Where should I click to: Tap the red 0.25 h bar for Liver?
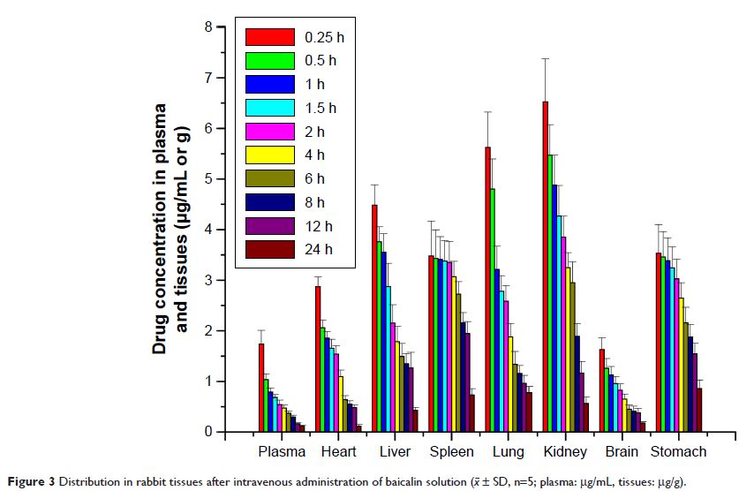[x=374, y=318]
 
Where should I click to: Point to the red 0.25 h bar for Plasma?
[x=261, y=388]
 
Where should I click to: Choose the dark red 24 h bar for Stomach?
[x=698, y=410]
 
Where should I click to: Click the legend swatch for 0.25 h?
[x=269, y=37]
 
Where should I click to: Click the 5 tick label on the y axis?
[x=207, y=178]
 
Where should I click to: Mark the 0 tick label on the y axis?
[x=207, y=433]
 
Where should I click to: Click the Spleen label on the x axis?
[x=451, y=452]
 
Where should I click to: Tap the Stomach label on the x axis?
[x=678, y=452]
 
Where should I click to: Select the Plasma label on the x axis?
[x=282, y=452]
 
